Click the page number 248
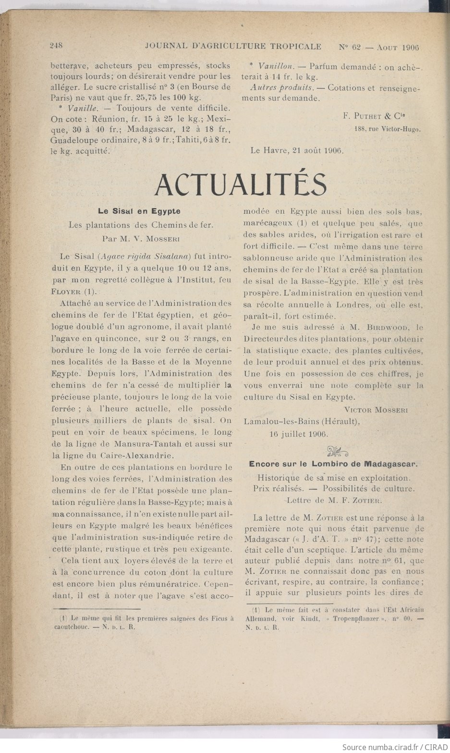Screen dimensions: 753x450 tap(57, 46)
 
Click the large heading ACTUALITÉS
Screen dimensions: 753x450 tap(241, 185)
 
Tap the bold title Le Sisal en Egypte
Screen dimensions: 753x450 tap(139, 211)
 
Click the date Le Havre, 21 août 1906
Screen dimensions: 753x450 tap(297, 150)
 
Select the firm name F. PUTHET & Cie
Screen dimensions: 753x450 tap(375, 116)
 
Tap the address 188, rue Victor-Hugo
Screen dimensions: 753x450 tap(388, 129)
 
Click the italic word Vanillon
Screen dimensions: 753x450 tap(276, 66)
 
